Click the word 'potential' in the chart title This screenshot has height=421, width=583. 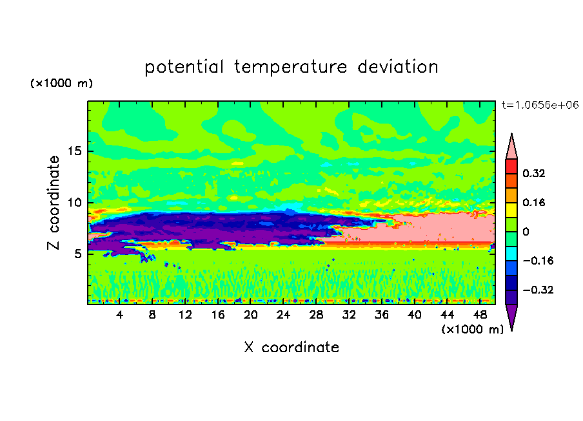pos(184,67)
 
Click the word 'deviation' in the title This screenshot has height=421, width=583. pos(398,67)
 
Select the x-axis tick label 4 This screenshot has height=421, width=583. pos(119,315)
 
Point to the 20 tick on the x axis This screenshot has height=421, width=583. pos(251,315)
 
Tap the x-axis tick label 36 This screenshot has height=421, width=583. pos(382,315)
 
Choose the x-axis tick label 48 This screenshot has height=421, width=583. pos(480,315)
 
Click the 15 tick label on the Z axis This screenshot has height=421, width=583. pos(74,151)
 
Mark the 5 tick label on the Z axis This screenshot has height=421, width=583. pos(77,254)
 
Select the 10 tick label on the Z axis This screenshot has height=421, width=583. pos(74,203)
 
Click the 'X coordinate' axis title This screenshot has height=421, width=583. pos(291,348)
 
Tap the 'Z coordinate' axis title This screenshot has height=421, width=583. pos(54,203)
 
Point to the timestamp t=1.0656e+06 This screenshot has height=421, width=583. pos(540,105)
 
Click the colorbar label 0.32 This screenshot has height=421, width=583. pos(533,173)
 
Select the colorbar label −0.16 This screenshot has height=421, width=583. pos(538,261)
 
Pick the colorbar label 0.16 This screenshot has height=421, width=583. pos(533,202)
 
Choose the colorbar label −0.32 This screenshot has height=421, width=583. pos(538,290)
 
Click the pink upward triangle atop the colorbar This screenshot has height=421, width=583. pos(511,149)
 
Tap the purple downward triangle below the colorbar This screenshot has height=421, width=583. pos(511,315)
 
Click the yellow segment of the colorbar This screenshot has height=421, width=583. pos(511,210)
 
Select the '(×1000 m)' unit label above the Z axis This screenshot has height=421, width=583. pos(61,83)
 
